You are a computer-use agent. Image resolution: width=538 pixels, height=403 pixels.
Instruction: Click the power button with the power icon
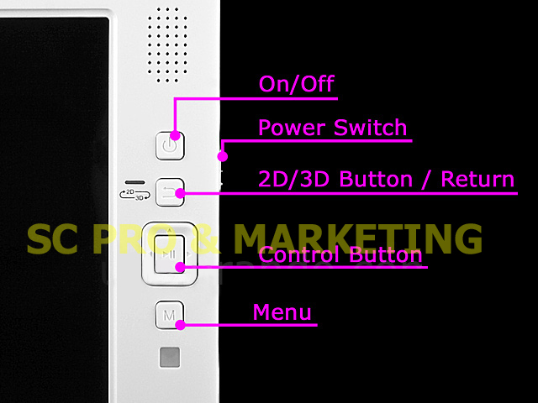tap(170, 146)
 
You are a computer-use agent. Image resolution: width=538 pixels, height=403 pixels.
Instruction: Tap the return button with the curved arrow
tap(170, 192)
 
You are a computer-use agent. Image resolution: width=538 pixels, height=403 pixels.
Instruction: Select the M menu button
tap(170, 315)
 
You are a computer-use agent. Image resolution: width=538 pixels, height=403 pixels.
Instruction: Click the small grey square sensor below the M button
tap(170, 357)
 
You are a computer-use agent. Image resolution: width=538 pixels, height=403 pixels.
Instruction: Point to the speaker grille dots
tap(167, 45)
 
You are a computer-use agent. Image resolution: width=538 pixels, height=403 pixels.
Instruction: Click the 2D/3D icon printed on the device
tap(134, 195)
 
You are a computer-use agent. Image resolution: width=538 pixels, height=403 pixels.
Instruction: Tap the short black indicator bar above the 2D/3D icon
tap(134, 182)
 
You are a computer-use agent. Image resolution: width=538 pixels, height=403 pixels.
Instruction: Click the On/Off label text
tap(297, 84)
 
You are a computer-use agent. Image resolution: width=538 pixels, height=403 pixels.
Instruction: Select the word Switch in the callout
tap(370, 128)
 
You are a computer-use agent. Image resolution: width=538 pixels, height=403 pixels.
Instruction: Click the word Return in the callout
tap(477, 179)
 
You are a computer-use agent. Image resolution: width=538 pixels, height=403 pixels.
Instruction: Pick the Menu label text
tap(282, 312)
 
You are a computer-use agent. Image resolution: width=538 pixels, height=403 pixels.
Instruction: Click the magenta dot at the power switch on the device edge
tap(223, 157)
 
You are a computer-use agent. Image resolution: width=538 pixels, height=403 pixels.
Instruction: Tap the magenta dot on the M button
tap(180, 325)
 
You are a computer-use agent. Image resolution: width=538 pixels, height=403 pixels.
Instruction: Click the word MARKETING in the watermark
tap(359, 238)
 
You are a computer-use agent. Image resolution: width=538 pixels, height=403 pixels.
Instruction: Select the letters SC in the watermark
tap(52, 238)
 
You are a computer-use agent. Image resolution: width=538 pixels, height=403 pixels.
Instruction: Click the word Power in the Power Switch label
tap(292, 128)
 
